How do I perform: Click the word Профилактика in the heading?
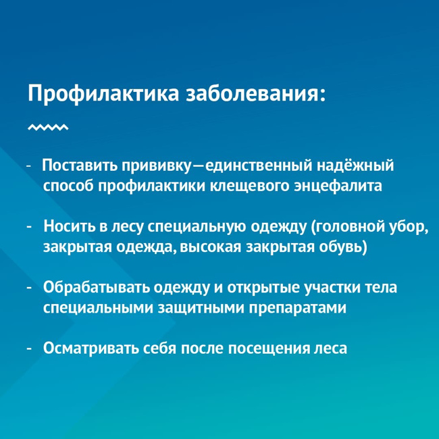click(x=103, y=93)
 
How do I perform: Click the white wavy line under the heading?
click(x=48, y=128)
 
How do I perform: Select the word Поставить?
click(x=79, y=165)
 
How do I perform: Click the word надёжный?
click(x=355, y=165)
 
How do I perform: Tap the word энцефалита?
click(x=338, y=186)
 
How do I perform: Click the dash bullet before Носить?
click(x=28, y=227)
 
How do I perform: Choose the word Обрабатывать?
click(x=96, y=288)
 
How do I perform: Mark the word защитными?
click(x=201, y=308)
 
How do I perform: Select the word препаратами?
click(x=298, y=309)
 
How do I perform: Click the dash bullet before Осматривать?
click(x=28, y=349)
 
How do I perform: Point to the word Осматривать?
click(x=91, y=348)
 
